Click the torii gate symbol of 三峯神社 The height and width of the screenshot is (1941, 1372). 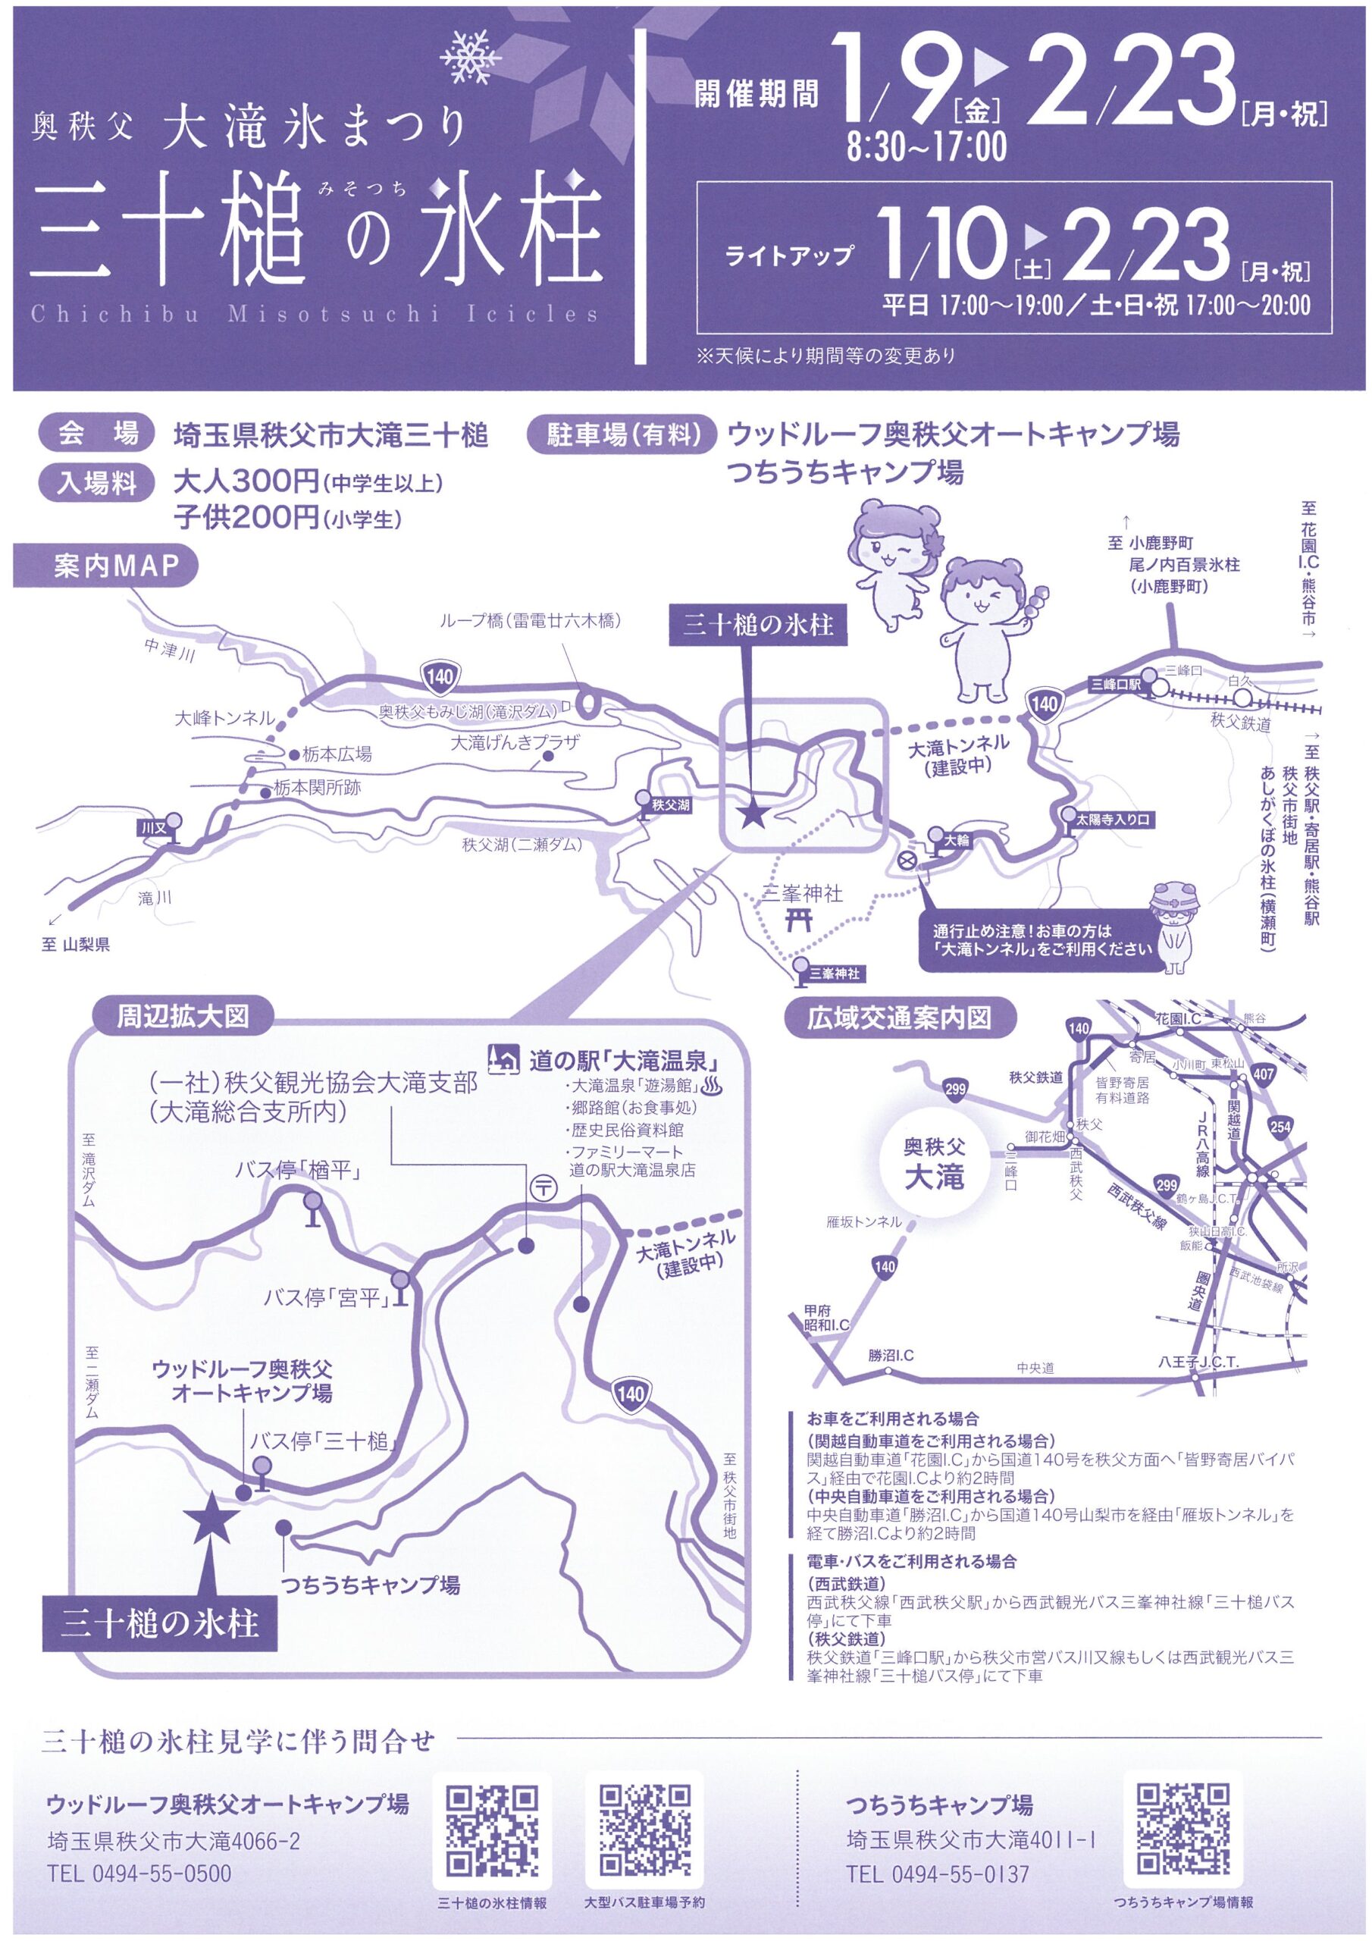pos(798,919)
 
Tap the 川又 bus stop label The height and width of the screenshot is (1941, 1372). pos(155,829)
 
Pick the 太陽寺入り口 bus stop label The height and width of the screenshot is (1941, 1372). pos(1114,819)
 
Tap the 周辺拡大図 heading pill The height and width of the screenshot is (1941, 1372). pos(183,1015)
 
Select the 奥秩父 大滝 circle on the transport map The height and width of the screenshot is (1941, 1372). pos(934,1164)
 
